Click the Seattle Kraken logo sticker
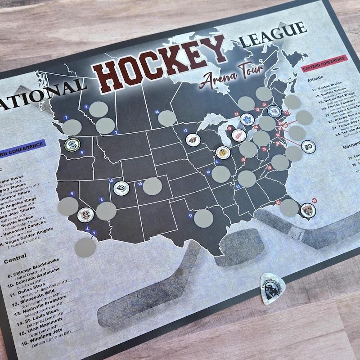click(72, 145)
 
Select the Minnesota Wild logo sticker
click(193, 140)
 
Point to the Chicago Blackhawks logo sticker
click(222, 153)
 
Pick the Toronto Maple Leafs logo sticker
click(247, 119)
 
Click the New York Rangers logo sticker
click(274, 110)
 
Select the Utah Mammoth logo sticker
click(121, 189)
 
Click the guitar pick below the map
click(274, 288)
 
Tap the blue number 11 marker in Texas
click(191, 216)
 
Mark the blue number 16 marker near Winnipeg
click(157, 112)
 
